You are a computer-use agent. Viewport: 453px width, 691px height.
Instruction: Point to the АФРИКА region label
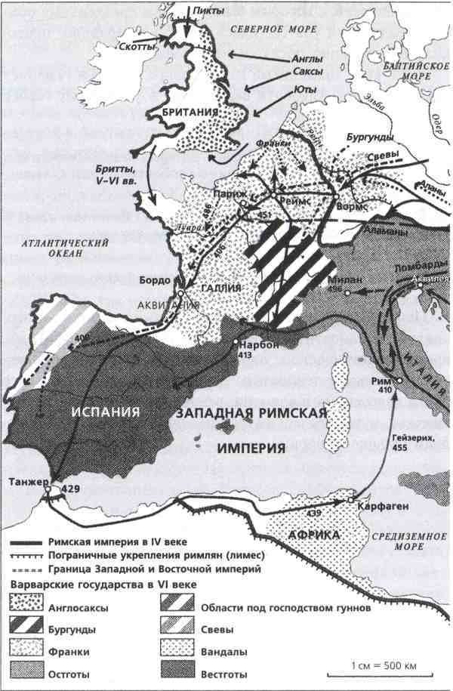point(314,535)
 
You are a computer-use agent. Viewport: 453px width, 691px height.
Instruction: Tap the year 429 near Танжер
point(72,489)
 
